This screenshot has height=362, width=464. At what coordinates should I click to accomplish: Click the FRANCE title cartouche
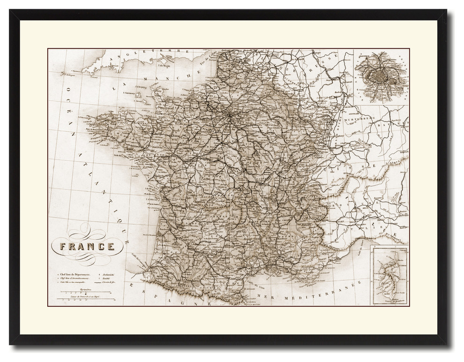pyautogui.click(x=87, y=246)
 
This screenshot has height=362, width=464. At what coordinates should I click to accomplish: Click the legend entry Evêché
pyautogui.click(x=108, y=278)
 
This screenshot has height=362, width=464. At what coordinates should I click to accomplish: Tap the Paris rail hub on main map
pyautogui.click(x=228, y=114)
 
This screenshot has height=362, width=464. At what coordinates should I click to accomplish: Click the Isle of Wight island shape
pyautogui.click(x=165, y=60)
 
